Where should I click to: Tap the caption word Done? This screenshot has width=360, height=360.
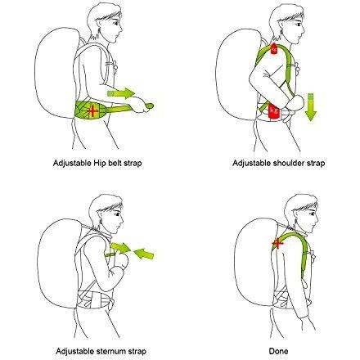click(x=278, y=351)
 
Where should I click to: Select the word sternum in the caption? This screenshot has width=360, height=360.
click(x=110, y=351)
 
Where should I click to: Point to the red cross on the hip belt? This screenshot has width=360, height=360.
click(x=92, y=110)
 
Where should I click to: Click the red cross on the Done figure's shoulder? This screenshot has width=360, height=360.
click(x=278, y=243)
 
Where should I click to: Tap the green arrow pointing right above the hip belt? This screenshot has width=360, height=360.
click(x=121, y=93)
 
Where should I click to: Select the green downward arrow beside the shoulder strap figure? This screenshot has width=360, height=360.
click(x=311, y=106)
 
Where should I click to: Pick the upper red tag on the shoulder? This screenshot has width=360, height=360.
click(x=274, y=48)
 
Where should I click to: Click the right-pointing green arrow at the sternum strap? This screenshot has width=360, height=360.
click(x=121, y=247)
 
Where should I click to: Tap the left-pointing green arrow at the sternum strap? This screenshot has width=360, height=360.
click(x=144, y=254)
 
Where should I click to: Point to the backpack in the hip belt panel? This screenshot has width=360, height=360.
click(x=56, y=73)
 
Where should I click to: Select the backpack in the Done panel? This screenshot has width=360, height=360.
click(x=255, y=262)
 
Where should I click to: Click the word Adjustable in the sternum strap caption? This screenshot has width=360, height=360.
click(x=74, y=351)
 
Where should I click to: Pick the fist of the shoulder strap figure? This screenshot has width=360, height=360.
click(x=296, y=102)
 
